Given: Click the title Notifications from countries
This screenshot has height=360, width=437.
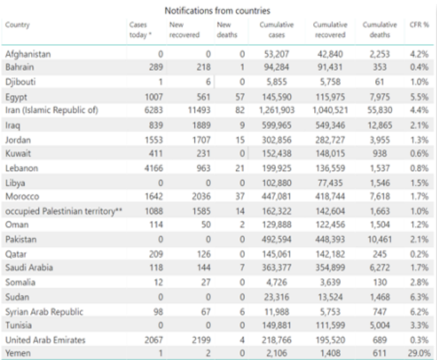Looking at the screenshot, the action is [x=217, y=11].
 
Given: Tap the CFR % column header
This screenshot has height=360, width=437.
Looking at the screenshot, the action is [x=419, y=25].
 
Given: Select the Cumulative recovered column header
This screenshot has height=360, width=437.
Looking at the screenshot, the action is [x=330, y=30].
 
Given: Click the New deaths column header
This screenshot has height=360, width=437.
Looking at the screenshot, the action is [x=227, y=30].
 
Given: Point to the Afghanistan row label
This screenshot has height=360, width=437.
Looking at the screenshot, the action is [x=28, y=54].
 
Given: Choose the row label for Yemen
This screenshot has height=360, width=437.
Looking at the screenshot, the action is [x=18, y=353].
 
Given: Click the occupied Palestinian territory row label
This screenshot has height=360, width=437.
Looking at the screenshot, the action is [x=64, y=211].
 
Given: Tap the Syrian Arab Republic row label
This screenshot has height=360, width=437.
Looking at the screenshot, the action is [x=44, y=312].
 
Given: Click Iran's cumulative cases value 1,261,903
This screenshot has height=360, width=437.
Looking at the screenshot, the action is [x=276, y=110].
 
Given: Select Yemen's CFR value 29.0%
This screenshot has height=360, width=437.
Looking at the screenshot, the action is [x=419, y=353].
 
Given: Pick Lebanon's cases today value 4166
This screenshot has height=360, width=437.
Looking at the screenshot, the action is [x=154, y=168].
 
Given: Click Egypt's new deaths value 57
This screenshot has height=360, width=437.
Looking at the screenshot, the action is [x=240, y=97].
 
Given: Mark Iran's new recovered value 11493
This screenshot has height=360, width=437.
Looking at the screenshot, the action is [x=199, y=110].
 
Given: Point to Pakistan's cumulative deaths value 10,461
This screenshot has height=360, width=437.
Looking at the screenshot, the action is [x=380, y=239].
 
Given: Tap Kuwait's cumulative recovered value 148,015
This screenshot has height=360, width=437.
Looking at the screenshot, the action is [x=330, y=153].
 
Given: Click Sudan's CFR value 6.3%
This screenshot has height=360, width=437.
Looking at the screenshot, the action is [x=419, y=297].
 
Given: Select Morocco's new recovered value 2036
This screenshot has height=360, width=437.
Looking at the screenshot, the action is [x=201, y=196].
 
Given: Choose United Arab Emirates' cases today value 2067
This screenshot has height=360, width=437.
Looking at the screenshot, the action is [x=154, y=340].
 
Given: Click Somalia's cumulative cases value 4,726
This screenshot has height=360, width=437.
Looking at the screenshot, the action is [x=276, y=282].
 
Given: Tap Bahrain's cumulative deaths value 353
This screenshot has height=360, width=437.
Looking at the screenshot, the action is [x=380, y=67].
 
